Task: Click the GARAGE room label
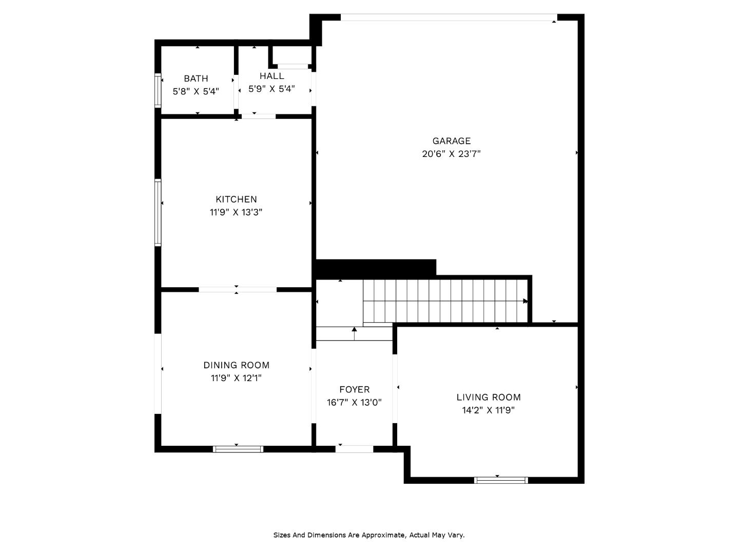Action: (451, 141)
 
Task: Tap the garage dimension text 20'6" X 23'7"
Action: (451, 154)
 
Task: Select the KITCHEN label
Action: (236, 200)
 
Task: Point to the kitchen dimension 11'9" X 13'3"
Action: (236, 212)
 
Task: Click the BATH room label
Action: (196, 78)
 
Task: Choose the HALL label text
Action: (271, 76)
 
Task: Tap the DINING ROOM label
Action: (236, 365)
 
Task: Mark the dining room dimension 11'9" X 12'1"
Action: (236, 378)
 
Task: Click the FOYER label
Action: (354, 390)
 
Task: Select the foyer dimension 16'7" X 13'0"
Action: (354, 403)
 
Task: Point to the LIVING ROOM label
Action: (489, 397)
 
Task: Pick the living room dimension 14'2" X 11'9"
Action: (489, 410)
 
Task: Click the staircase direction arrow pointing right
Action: (525, 301)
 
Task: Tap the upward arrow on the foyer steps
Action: (354, 330)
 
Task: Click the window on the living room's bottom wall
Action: (501, 480)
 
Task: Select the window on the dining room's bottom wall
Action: (238, 449)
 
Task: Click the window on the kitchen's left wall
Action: (158, 212)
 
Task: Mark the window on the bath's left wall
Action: (158, 91)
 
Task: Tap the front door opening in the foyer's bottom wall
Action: (354, 449)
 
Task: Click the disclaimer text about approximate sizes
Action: (368, 535)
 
